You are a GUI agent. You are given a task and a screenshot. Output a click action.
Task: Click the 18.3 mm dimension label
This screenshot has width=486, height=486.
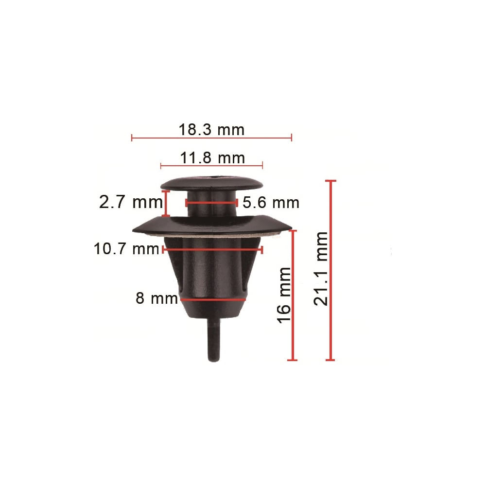pos(211,130)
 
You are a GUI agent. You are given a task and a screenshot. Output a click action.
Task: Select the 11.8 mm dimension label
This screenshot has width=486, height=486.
pos(212,158)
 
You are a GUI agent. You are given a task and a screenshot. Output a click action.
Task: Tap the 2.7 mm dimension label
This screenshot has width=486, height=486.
pos(131,202)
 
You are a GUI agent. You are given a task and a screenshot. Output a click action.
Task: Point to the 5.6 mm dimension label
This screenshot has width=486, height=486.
pos(271,203)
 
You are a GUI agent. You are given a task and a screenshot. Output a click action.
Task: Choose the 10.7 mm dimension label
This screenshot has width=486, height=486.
pos(126,248)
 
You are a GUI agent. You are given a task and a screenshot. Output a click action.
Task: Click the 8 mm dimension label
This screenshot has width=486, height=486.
pos(157,298)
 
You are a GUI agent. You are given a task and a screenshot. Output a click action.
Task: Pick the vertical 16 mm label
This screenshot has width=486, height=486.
pos(284,295)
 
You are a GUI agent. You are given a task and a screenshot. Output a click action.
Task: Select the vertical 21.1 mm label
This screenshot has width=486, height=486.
pos(320,269)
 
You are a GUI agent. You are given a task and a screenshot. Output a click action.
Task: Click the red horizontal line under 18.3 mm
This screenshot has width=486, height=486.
pos(212,138)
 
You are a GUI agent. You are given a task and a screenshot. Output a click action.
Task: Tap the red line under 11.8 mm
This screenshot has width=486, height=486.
pos(212,166)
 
